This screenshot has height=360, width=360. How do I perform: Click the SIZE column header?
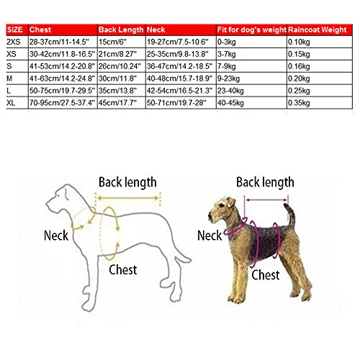coord(14,30)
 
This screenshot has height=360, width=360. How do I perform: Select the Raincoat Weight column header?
coord(318,30)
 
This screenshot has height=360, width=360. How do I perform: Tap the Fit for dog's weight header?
coord(252,30)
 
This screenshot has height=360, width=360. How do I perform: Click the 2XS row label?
coord(14,42)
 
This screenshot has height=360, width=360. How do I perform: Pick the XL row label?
coord(11,103)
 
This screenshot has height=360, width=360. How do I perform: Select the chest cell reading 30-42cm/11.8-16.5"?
coord(62,54)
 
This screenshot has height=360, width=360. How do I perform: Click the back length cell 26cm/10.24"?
coord(120,66)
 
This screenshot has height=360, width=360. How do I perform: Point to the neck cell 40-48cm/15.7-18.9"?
coord(179,78)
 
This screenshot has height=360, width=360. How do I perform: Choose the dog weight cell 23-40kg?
coord(230,91)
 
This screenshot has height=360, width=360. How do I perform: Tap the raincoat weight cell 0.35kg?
coord(299,103)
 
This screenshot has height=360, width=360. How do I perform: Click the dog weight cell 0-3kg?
coord(226,42)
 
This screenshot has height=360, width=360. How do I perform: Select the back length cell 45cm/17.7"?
coord(117,103)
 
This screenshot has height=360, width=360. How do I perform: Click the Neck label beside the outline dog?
coord(56,235)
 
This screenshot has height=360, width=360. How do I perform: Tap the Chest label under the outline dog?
coord(123,270)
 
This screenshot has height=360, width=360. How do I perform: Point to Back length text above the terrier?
coord(265,182)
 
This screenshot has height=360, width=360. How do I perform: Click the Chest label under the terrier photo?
coord(266,275)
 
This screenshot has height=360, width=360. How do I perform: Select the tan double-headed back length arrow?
coord(128,198)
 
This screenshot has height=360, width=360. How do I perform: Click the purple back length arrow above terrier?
coord(266,199)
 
